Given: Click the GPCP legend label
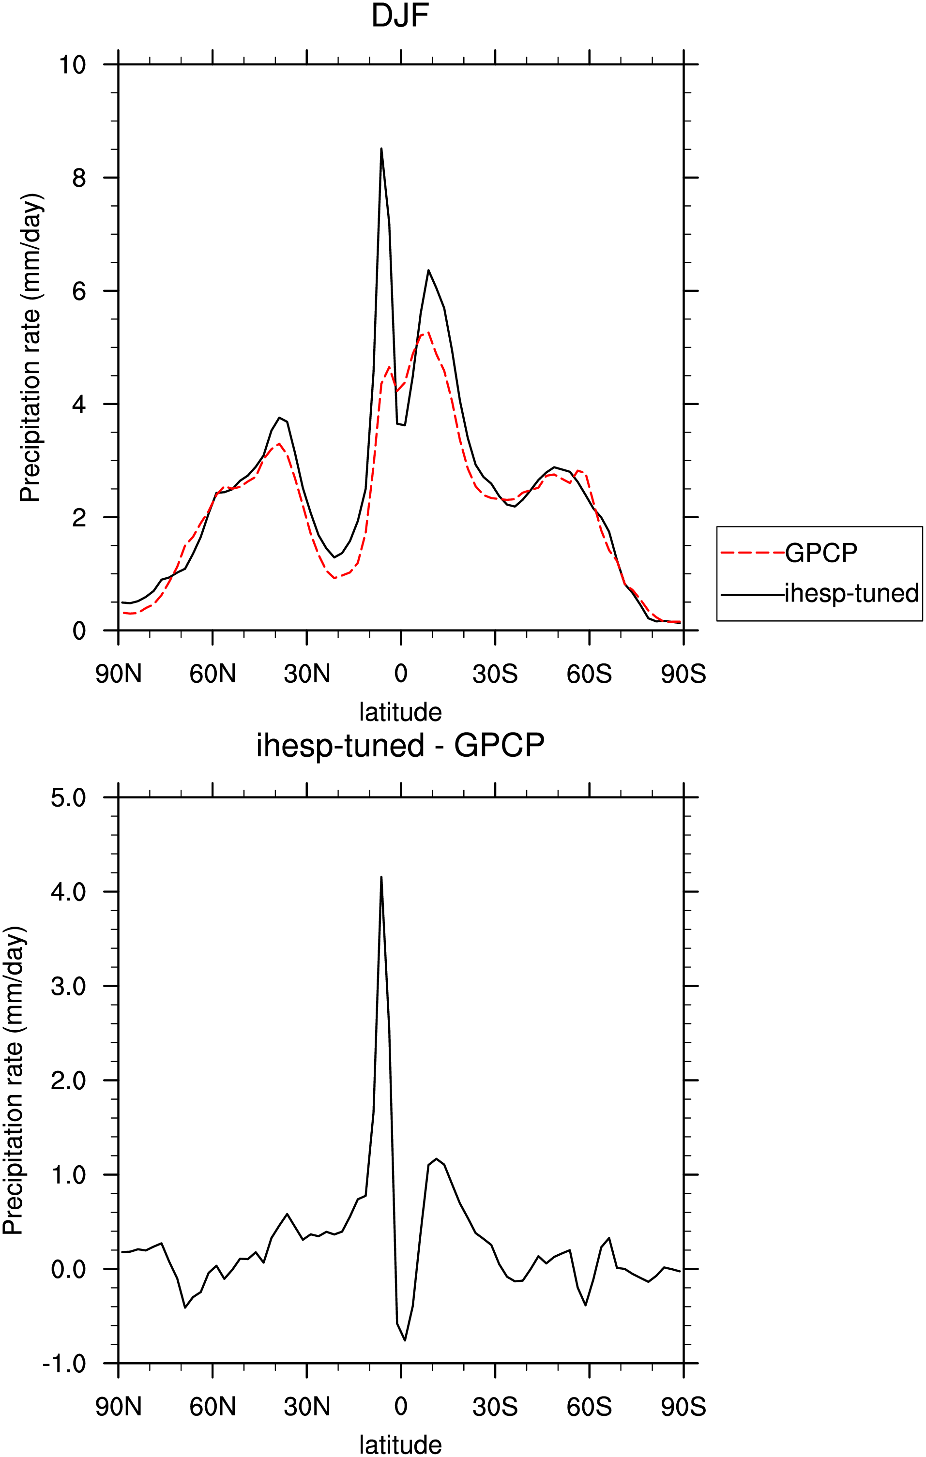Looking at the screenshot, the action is (x=821, y=553).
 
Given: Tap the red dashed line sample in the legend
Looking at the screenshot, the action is (x=753, y=553).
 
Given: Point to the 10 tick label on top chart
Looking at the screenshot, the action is (x=72, y=64).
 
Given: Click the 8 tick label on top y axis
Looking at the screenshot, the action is (x=79, y=178).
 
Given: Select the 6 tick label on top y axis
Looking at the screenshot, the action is (x=79, y=291).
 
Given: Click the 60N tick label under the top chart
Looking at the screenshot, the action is (x=213, y=674).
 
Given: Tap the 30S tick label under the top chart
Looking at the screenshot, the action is (x=495, y=674).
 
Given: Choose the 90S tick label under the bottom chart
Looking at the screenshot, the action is (x=683, y=1407).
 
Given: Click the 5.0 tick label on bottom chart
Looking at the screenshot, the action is (x=68, y=797).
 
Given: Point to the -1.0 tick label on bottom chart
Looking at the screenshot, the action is (x=64, y=1364).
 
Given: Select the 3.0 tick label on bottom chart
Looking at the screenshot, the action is (x=68, y=986).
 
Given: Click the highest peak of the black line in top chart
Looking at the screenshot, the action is (x=381, y=148).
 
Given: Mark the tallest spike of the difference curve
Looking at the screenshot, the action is (x=381, y=877).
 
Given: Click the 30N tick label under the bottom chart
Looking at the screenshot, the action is (x=307, y=1407).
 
